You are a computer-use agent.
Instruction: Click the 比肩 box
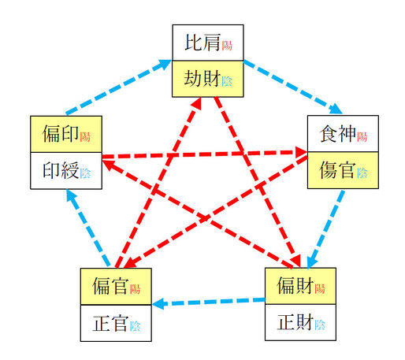tap(208, 43)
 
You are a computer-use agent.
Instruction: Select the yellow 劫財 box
tap(208, 79)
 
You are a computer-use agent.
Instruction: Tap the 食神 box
tap(343, 133)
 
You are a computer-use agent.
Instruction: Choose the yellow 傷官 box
tap(343, 170)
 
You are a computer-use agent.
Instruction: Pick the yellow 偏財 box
tap(300, 286)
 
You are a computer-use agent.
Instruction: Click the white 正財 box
tap(300, 322)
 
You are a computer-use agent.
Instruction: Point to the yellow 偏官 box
tap(116, 287)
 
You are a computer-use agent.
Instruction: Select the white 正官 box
tap(116, 323)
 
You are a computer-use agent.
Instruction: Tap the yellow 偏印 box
tap(66, 134)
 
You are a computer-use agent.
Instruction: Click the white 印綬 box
tap(66, 170)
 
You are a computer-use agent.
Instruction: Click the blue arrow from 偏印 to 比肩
tap(119, 87)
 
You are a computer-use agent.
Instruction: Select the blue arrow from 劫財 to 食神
tap(293, 87)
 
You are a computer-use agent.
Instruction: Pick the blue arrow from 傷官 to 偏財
tap(325, 229)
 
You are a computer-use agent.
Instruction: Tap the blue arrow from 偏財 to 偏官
tap(208, 302)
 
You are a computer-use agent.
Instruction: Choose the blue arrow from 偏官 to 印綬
tap(88, 228)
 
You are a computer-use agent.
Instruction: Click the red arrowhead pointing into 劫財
tap(197, 103)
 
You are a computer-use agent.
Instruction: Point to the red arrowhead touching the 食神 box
tap(302, 152)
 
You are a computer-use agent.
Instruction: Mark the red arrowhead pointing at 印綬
tap(108, 164)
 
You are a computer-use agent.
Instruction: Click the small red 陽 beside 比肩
tap(227, 46)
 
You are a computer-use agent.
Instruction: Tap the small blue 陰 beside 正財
tap(320, 325)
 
